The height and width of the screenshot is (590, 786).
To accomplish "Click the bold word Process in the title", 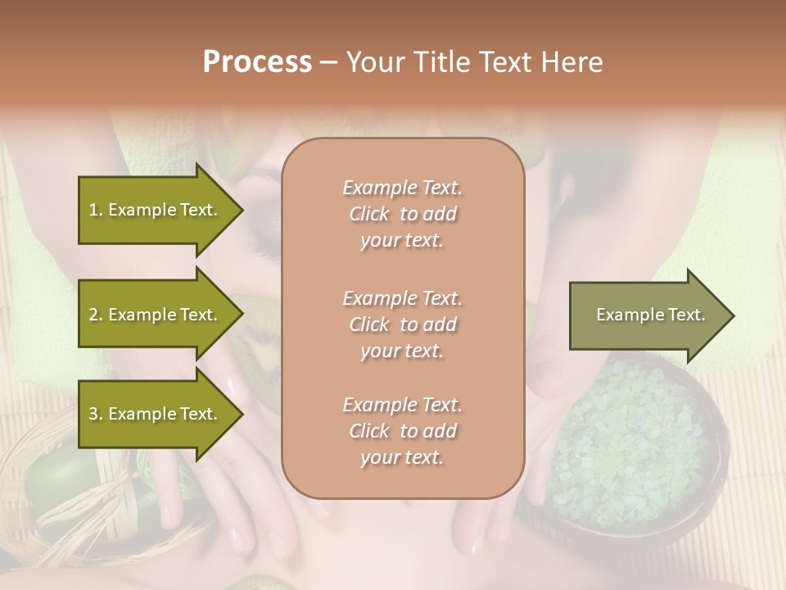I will coord(257,62).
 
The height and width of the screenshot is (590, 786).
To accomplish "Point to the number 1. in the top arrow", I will coord(96,210).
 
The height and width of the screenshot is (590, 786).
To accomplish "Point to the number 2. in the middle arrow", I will coord(96,315).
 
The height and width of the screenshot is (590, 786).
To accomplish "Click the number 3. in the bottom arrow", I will coord(96,414).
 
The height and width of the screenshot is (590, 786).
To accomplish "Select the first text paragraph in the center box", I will coord(402,214).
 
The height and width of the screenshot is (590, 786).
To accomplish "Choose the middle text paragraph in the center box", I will coord(402,324).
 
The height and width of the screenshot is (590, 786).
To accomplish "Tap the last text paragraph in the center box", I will coord(402,431).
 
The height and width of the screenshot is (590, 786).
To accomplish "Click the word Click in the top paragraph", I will coord(369,214).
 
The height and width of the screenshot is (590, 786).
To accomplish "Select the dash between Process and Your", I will coord(329,62).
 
